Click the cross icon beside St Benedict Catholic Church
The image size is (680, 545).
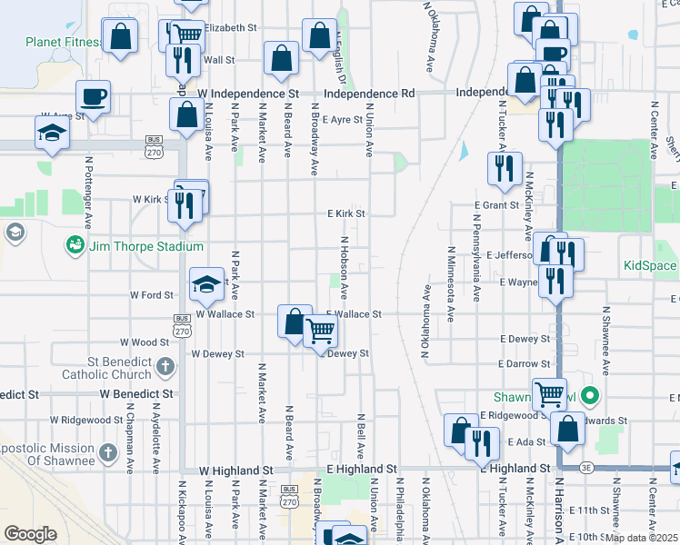(165, 367)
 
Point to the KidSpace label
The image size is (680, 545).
(650, 266)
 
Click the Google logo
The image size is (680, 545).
(30, 533)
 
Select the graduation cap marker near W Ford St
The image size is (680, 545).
(206, 284)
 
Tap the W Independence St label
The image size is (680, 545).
(247, 94)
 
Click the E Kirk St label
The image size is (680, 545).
(346, 214)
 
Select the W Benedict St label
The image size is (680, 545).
(136, 394)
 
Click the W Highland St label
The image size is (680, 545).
(236, 470)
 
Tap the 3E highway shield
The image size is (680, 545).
(586, 468)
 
